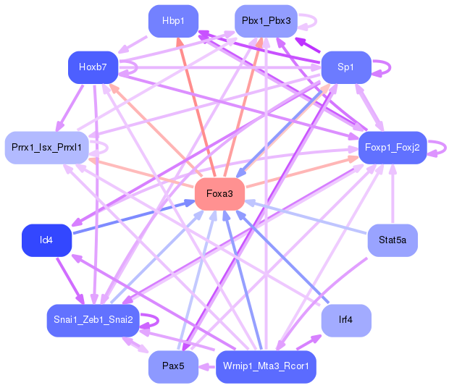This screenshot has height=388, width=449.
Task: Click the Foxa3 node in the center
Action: coord(219,194)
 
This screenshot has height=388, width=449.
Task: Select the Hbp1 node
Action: coord(173,21)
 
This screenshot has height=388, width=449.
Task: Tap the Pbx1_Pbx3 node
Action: coord(266,21)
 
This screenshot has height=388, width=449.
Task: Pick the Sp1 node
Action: coord(346,67)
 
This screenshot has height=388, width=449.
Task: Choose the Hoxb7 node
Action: coord(93,67)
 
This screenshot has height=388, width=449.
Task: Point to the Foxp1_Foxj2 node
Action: coord(393,148)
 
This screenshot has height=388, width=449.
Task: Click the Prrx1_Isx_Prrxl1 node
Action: coord(46,148)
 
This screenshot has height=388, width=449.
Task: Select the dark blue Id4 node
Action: coord(46,240)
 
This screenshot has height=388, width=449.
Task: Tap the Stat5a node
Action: coord(393,240)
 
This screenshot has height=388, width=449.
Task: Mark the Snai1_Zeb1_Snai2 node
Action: coord(93,320)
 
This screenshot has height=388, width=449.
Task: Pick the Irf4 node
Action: coord(346,320)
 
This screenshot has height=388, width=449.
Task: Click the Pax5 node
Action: coord(173,366)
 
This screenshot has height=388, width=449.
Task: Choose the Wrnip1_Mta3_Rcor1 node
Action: coord(266,366)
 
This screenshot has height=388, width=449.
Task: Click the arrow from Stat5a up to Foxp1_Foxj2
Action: coord(393,194)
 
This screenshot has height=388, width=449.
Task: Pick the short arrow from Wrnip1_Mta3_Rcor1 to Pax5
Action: coord(207,367)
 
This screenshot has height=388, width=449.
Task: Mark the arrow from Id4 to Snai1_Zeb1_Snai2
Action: coord(70,281)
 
